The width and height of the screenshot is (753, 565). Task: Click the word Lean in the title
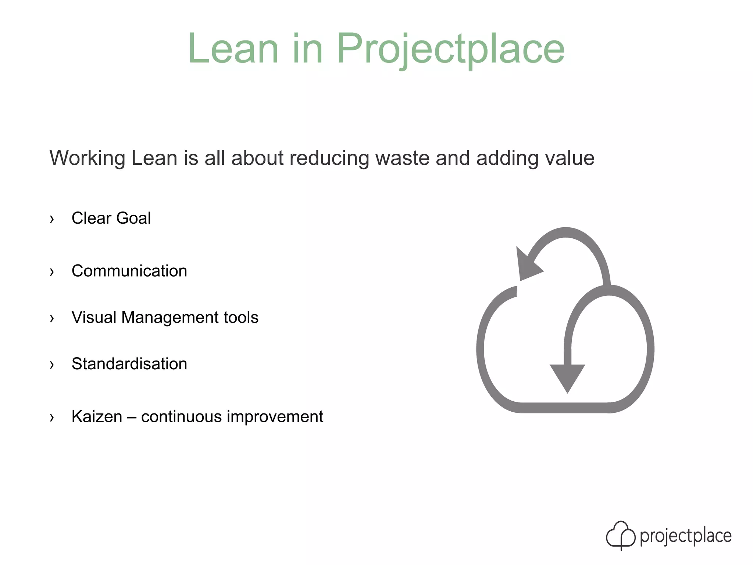[x=233, y=49]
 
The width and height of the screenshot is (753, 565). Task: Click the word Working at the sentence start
[x=88, y=158]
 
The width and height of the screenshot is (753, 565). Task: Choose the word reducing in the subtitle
[x=329, y=158]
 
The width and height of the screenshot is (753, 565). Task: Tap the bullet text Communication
[x=129, y=271]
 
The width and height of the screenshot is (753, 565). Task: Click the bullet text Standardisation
[x=129, y=364]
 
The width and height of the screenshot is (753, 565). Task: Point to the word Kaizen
[x=97, y=417]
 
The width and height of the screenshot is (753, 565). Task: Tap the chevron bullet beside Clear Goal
[x=52, y=219]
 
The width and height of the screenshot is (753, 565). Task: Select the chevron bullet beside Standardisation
[x=52, y=365]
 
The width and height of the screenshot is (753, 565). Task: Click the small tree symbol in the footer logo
[x=620, y=535]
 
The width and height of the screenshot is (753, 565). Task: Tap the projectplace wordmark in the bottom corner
[x=685, y=536]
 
